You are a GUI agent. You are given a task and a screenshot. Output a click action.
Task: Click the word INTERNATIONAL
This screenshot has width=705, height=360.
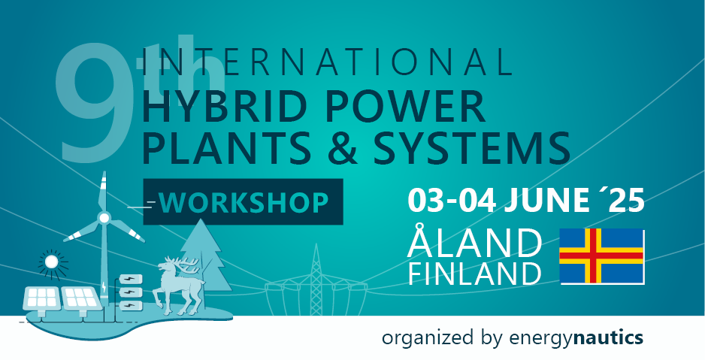pos(327,61)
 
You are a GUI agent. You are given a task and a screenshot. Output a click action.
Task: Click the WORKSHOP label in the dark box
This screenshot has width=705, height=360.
pos(244,202)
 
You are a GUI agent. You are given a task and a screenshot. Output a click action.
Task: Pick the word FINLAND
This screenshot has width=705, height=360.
pos(474,273)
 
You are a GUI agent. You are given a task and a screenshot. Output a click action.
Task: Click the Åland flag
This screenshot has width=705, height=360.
pos(602,256)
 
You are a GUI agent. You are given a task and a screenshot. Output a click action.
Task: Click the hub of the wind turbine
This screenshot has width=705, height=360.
pos(104,218)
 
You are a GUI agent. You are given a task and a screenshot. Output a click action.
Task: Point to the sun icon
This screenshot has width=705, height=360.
pos(51,262)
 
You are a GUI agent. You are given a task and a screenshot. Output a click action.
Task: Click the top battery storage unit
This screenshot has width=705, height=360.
pos(130,279)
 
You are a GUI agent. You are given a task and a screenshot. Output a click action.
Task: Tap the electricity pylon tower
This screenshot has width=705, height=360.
pos(316,279)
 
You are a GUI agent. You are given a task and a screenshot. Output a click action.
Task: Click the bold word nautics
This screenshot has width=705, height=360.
pos(608,337)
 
